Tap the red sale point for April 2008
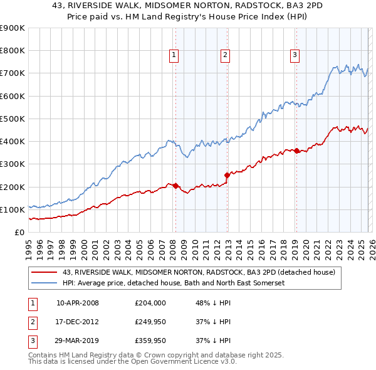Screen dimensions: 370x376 [x=175, y=186]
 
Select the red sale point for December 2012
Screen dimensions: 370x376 [x=227, y=176]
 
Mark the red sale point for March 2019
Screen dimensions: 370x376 [x=296, y=151]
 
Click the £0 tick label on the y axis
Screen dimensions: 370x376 [x=19, y=232]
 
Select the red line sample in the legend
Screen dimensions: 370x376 [x=44, y=272]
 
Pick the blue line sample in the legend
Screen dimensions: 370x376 [x=44, y=283]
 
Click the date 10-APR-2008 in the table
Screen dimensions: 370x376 [x=78, y=302]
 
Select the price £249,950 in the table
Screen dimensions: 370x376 [x=150, y=322]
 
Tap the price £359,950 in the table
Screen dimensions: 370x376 [x=150, y=341]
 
